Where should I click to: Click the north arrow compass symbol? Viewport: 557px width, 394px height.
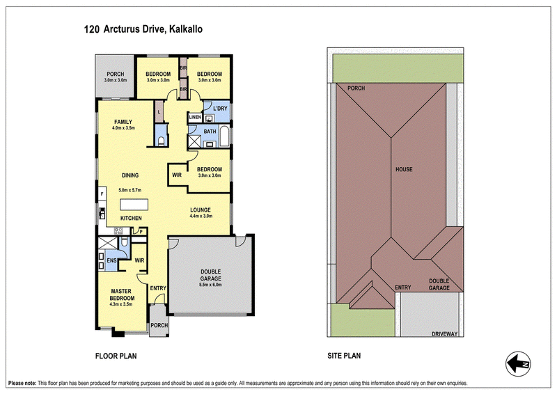[518, 364]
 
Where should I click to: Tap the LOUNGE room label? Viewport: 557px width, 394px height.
[201, 210]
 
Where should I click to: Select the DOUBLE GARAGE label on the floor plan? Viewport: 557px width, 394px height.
[211, 276]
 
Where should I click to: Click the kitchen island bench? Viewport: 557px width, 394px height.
[134, 205]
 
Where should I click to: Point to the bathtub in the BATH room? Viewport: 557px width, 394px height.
[224, 136]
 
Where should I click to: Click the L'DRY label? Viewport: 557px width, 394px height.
[220, 109]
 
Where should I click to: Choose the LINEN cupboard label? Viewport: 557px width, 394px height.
[195, 117]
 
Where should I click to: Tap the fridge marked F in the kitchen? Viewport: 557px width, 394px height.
[102, 194]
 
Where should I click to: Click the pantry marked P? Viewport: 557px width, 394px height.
[141, 232]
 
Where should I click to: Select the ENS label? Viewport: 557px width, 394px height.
[111, 260]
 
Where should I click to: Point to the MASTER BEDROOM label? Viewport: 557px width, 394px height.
[121, 294]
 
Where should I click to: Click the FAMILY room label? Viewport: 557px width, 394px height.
[123, 122]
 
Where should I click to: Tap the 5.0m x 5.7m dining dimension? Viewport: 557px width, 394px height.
[130, 190]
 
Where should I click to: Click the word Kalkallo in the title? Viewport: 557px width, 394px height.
[186, 29]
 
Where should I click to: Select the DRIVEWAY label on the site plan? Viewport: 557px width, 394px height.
[444, 334]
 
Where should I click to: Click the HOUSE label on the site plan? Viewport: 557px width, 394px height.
[404, 169]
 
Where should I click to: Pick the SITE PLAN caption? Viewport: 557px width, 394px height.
[344, 356]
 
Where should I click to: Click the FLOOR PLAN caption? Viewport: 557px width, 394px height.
[116, 356]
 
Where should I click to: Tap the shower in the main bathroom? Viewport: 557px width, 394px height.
[194, 141]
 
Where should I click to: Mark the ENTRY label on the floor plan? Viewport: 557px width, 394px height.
[158, 288]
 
